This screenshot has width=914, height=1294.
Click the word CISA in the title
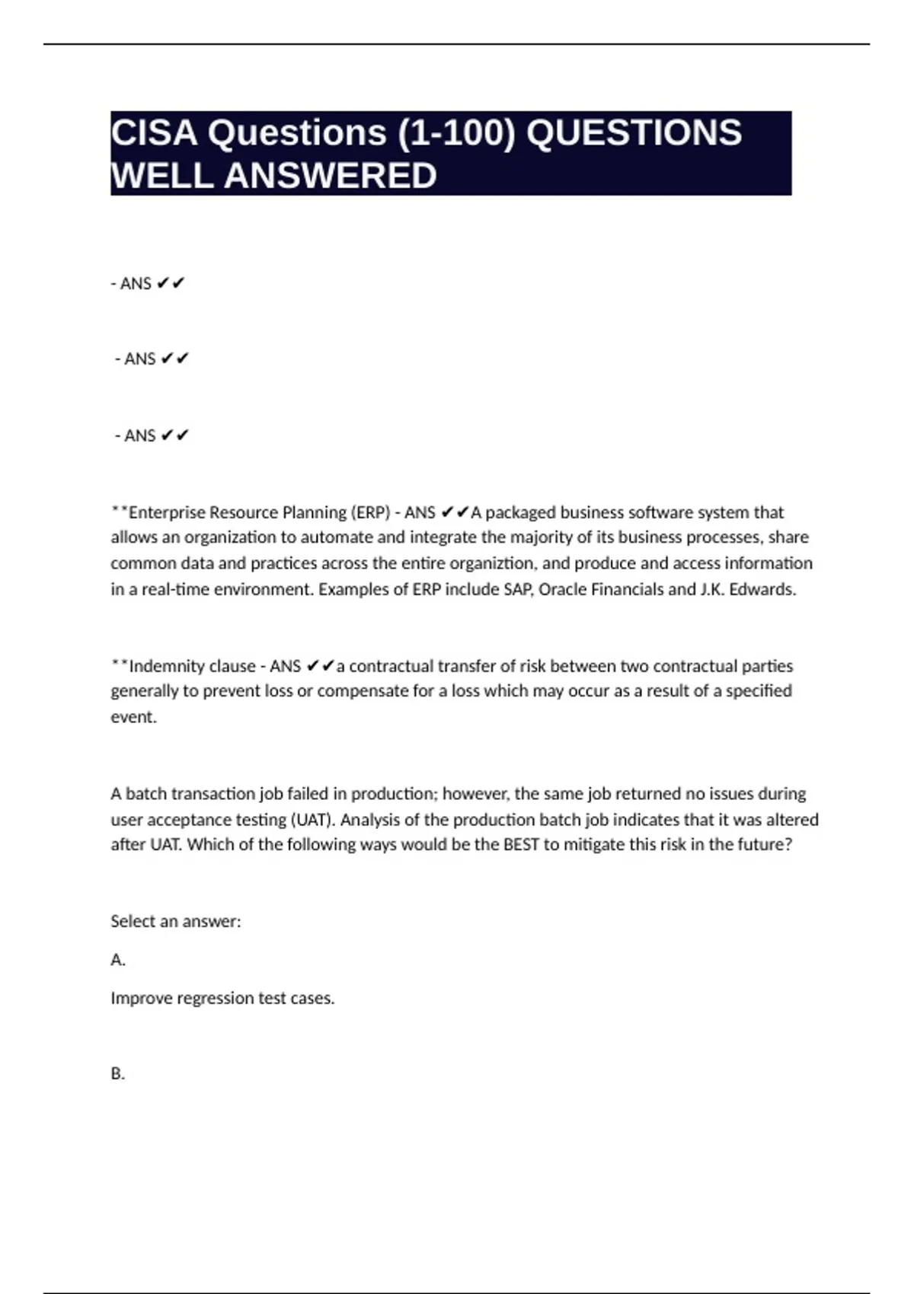(155, 133)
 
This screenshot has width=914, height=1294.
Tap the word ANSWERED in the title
(330, 176)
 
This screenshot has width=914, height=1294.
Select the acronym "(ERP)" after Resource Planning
(369, 512)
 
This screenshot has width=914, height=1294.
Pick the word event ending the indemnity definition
(133, 717)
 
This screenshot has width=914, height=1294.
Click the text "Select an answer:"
(175, 921)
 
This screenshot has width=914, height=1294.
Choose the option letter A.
(117, 960)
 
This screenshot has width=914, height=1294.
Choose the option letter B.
(117, 1074)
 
